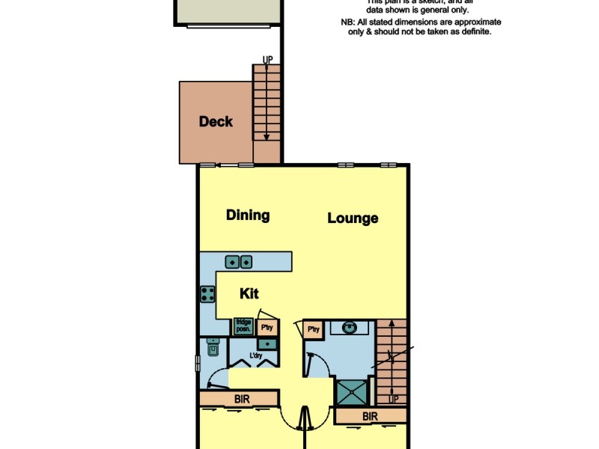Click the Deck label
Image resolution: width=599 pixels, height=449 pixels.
click(x=216, y=122)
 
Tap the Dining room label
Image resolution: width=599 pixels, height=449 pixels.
click(x=248, y=216)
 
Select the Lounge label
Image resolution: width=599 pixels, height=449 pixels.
click(x=353, y=219)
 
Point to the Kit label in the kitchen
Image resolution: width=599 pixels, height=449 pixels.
click(x=249, y=294)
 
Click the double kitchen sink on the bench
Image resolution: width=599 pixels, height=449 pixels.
click(x=239, y=262)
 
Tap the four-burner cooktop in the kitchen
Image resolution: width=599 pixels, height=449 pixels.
click(x=207, y=294)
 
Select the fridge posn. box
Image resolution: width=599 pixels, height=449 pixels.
click(x=243, y=326)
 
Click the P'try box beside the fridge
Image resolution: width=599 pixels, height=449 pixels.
click(x=266, y=327)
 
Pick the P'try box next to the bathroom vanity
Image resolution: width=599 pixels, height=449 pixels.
click(x=312, y=329)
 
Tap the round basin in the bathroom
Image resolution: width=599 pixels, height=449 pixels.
click(x=350, y=328)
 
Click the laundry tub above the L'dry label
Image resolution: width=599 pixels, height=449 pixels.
click(x=268, y=343)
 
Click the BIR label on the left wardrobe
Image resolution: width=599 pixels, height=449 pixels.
click(x=242, y=400)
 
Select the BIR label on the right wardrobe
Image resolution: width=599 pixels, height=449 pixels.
click(x=370, y=416)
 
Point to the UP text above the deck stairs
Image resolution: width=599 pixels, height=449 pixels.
click(x=267, y=59)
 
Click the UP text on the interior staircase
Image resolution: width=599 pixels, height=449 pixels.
click(x=394, y=400)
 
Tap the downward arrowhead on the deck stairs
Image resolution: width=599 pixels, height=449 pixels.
click(x=267, y=137)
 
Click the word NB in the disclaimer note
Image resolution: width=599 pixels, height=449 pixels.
click(x=346, y=22)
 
